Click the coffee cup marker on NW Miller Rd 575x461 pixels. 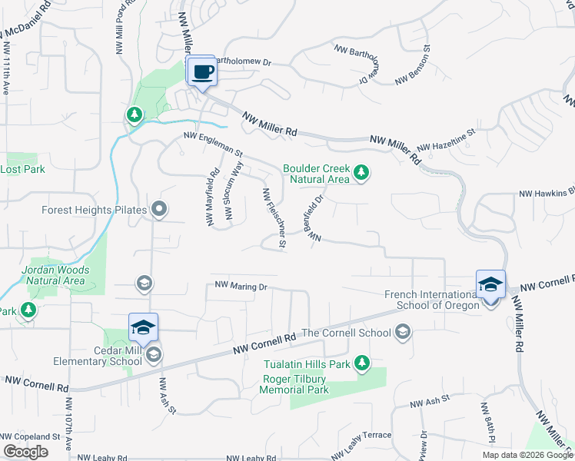[202, 72]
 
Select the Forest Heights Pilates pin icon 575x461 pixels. [159, 208]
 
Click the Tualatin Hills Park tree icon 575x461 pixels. [361, 363]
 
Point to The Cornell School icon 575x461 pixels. [402, 333]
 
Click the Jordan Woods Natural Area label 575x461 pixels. [55, 275]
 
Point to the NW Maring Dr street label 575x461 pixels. [241, 286]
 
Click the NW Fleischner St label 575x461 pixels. [274, 218]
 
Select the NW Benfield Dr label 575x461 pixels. [317, 219]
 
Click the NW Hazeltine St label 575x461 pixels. [447, 140]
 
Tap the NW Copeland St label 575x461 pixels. [30, 436]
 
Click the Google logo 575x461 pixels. [25, 452]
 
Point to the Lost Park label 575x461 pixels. [23, 169]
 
